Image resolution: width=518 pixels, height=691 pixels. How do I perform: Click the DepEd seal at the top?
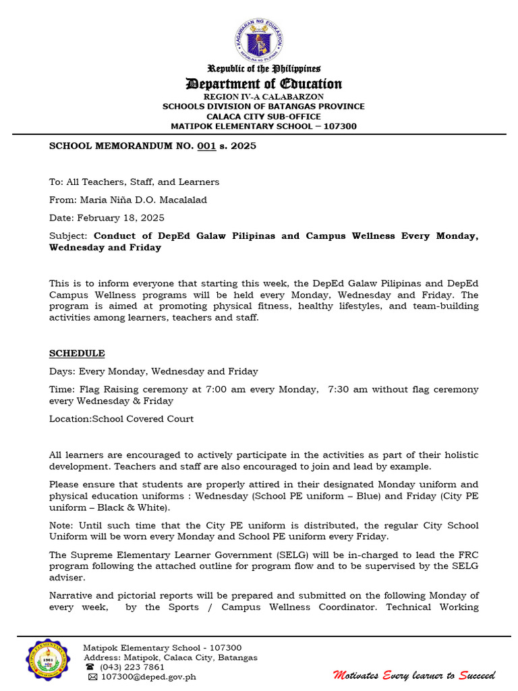[259, 39]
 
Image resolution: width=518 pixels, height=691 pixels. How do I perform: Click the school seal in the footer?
[47, 660]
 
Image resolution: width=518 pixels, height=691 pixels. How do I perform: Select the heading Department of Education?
[264, 84]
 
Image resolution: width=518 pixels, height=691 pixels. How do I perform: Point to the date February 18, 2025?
[121, 218]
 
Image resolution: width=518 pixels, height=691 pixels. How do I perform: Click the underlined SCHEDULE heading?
[77, 354]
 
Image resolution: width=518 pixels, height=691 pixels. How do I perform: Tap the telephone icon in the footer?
[90, 667]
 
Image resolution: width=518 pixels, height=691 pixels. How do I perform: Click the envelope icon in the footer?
[92, 677]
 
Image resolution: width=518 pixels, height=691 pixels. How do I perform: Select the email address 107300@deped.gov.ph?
[148, 677]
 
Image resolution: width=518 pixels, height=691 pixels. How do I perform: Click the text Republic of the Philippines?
[264, 68]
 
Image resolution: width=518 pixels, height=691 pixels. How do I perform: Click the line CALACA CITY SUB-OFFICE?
[264, 116]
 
